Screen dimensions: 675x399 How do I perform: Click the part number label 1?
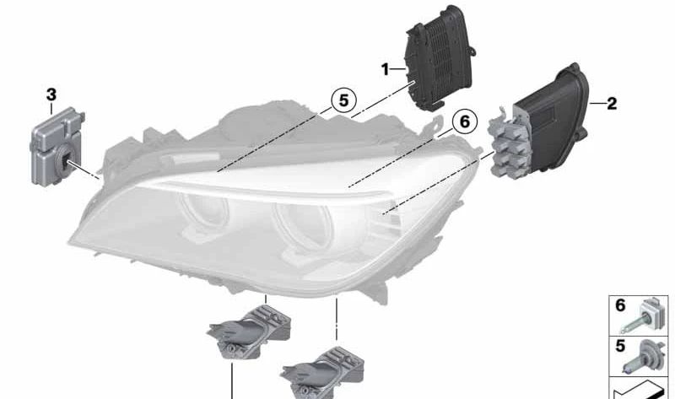point(385,69)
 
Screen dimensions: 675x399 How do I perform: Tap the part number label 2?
point(612,103)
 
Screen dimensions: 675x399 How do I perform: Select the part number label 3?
point(51,94)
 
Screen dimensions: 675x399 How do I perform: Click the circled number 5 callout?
point(343,100)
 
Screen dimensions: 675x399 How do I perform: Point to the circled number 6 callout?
point(465,121)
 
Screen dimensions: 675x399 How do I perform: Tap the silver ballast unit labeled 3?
point(57,146)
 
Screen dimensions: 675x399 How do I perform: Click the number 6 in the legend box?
point(620,305)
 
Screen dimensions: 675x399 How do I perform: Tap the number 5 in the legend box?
point(620,346)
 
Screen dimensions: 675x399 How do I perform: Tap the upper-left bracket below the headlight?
point(249,332)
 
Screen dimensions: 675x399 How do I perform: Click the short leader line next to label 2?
point(597,103)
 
